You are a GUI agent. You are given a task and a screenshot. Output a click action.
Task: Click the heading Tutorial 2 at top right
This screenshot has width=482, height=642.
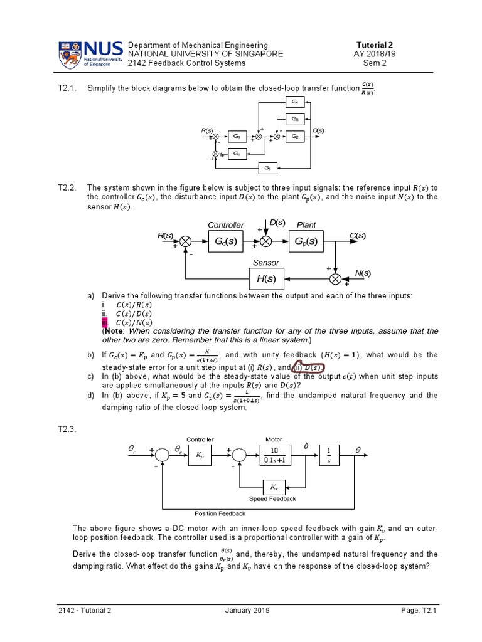tap(374, 45)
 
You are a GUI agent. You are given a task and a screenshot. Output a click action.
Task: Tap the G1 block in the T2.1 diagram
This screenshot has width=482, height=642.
tap(237, 136)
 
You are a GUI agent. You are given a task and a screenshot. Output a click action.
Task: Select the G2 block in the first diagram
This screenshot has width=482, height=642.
tap(295, 136)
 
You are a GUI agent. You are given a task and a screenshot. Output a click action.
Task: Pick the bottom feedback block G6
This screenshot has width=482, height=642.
tap(268, 167)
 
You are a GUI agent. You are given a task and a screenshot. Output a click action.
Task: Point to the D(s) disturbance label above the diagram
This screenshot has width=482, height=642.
tap(277, 223)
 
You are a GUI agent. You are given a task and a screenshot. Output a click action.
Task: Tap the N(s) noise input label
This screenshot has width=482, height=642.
tap(363, 273)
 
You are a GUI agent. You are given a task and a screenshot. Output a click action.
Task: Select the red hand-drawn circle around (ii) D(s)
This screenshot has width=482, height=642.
tap(311, 367)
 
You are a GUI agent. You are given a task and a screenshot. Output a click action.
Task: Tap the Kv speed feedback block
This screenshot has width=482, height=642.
tap(274, 487)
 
